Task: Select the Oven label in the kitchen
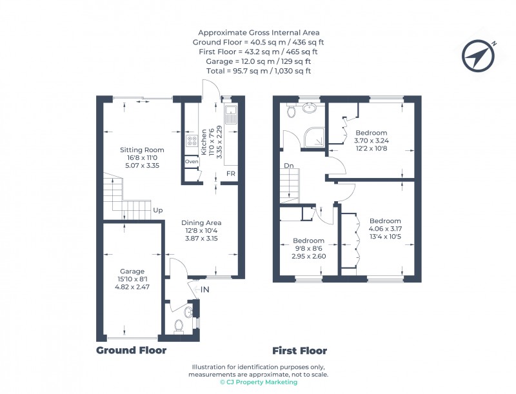pyautogui.click(x=192, y=161)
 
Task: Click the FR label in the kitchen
pyautogui.click(x=230, y=174)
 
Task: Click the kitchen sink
pyautogui.click(x=230, y=117)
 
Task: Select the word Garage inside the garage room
pyautogui.click(x=132, y=271)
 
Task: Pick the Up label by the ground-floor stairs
pyautogui.click(x=157, y=210)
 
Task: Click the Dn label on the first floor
pyautogui.click(x=288, y=166)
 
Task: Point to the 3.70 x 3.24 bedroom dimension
pyautogui.click(x=371, y=141)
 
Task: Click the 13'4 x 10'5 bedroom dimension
pyautogui.click(x=384, y=236)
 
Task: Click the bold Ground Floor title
pyautogui.click(x=131, y=351)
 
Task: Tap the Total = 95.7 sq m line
pyautogui.click(x=258, y=70)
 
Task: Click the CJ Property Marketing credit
pyautogui.click(x=258, y=382)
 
